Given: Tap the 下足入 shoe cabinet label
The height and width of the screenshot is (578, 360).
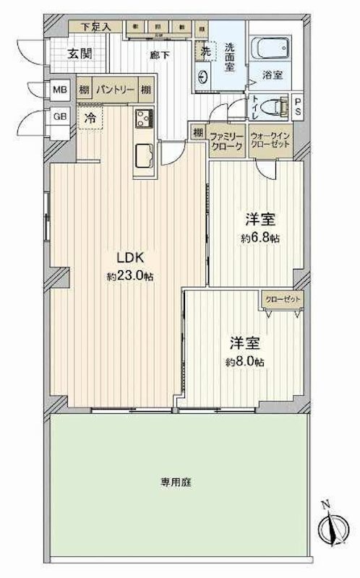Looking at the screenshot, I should coord(95,27).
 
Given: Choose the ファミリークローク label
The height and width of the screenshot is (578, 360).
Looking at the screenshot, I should coord(226,139).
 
